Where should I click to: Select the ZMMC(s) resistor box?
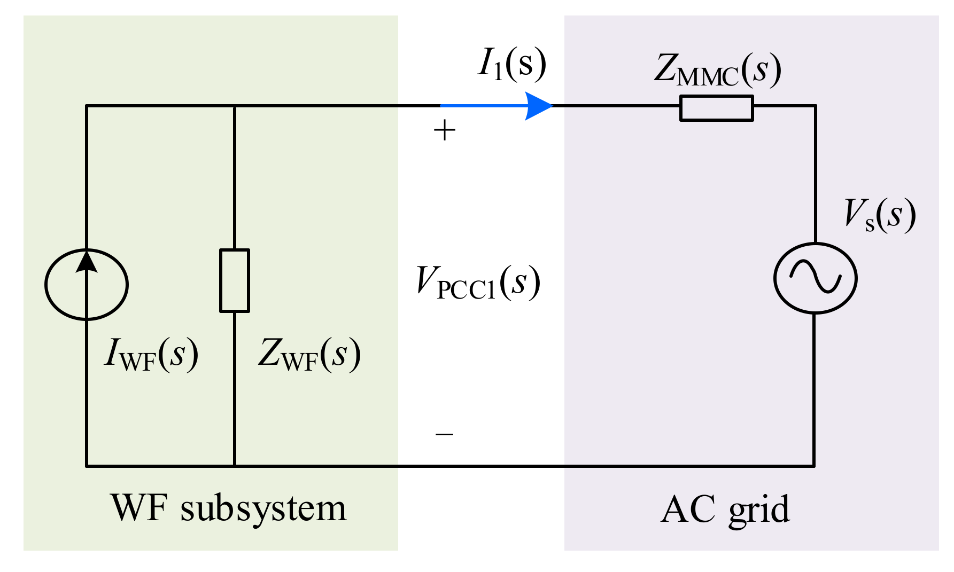[x=716, y=108]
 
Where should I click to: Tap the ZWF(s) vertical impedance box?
[x=235, y=280]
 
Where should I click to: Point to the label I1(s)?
[x=511, y=64]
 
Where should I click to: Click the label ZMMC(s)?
[x=717, y=70]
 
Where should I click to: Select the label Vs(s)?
[x=880, y=215]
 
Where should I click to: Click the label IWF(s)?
[x=151, y=354]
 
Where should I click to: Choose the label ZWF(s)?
[x=309, y=355]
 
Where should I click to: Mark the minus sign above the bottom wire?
[x=444, y=434]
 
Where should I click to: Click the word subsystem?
[x=263, y=509]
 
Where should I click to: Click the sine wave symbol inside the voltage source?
[x=816, y=278]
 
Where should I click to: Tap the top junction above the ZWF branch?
[x=235, y=106]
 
